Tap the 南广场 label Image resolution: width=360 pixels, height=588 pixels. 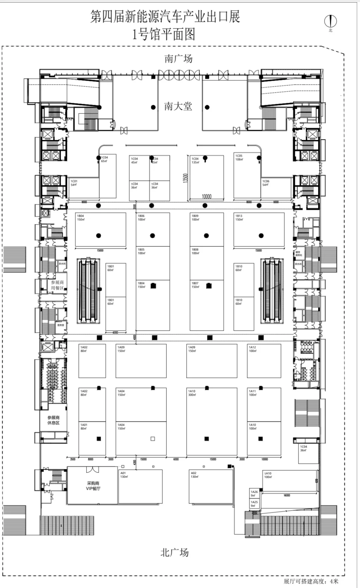[178, 59]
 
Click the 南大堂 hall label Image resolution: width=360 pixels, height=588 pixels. [178, 107]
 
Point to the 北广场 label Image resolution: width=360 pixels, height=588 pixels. [174, 552]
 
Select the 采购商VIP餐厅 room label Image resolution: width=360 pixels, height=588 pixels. [93, 486]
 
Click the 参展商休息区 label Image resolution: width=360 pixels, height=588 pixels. [53, 420]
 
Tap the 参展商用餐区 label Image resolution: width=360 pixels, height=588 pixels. [57, 285]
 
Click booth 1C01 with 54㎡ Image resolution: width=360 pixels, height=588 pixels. [74, 183]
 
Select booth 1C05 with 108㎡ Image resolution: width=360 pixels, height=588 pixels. [239, 157]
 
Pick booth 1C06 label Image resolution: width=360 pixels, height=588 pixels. [266, 183]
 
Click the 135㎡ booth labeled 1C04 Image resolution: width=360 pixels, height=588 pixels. [195, 161]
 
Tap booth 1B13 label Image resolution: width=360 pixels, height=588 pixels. [239, 218]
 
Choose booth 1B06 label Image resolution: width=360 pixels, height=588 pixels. [141, 218]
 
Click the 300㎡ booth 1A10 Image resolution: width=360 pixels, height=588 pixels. [192, 393]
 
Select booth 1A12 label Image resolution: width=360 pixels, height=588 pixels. [253, 349]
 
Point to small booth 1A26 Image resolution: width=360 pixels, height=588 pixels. [254, 493]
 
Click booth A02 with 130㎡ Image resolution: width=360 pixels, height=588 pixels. [194, 475]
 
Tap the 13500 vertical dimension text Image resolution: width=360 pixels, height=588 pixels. [185, 178]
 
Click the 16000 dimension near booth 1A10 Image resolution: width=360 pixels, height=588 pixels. [287, 495]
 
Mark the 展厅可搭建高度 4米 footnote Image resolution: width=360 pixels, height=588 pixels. [311, 581]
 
